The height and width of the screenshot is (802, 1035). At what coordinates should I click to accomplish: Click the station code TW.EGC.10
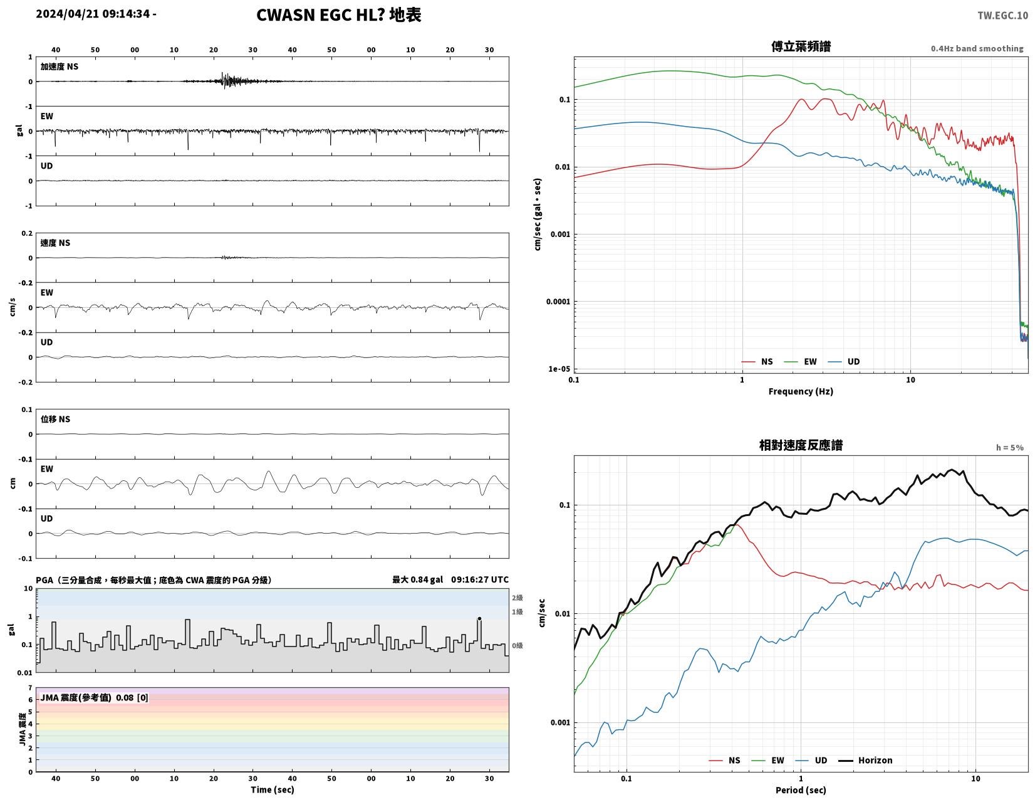[1002, 15]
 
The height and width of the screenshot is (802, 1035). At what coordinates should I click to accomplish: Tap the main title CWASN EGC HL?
[320, 15]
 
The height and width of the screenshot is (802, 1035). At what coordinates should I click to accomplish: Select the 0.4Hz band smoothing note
[976, 48]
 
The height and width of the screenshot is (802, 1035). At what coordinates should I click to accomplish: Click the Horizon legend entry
[865, 761]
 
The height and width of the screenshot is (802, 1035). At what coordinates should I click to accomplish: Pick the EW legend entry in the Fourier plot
[800, 362]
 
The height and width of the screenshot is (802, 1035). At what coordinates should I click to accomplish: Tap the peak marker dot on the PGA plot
[479, 618]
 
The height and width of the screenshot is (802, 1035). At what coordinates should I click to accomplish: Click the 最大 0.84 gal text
[417, 579]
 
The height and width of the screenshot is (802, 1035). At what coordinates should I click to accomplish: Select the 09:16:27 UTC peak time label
[480, 579]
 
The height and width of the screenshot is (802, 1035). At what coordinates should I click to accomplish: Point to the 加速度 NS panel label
[59, 66]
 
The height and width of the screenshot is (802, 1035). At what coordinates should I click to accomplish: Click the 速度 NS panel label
[55, 243]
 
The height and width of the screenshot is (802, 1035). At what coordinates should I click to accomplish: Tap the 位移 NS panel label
[55, 419]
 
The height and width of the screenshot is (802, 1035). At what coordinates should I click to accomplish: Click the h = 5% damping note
[1009, 448]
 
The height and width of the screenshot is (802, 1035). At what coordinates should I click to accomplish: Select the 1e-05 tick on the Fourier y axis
[559, 369]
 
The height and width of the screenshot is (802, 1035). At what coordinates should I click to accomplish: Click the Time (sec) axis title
[273, 789]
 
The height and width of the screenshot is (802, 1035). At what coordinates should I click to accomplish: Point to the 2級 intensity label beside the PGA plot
[517, 598]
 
